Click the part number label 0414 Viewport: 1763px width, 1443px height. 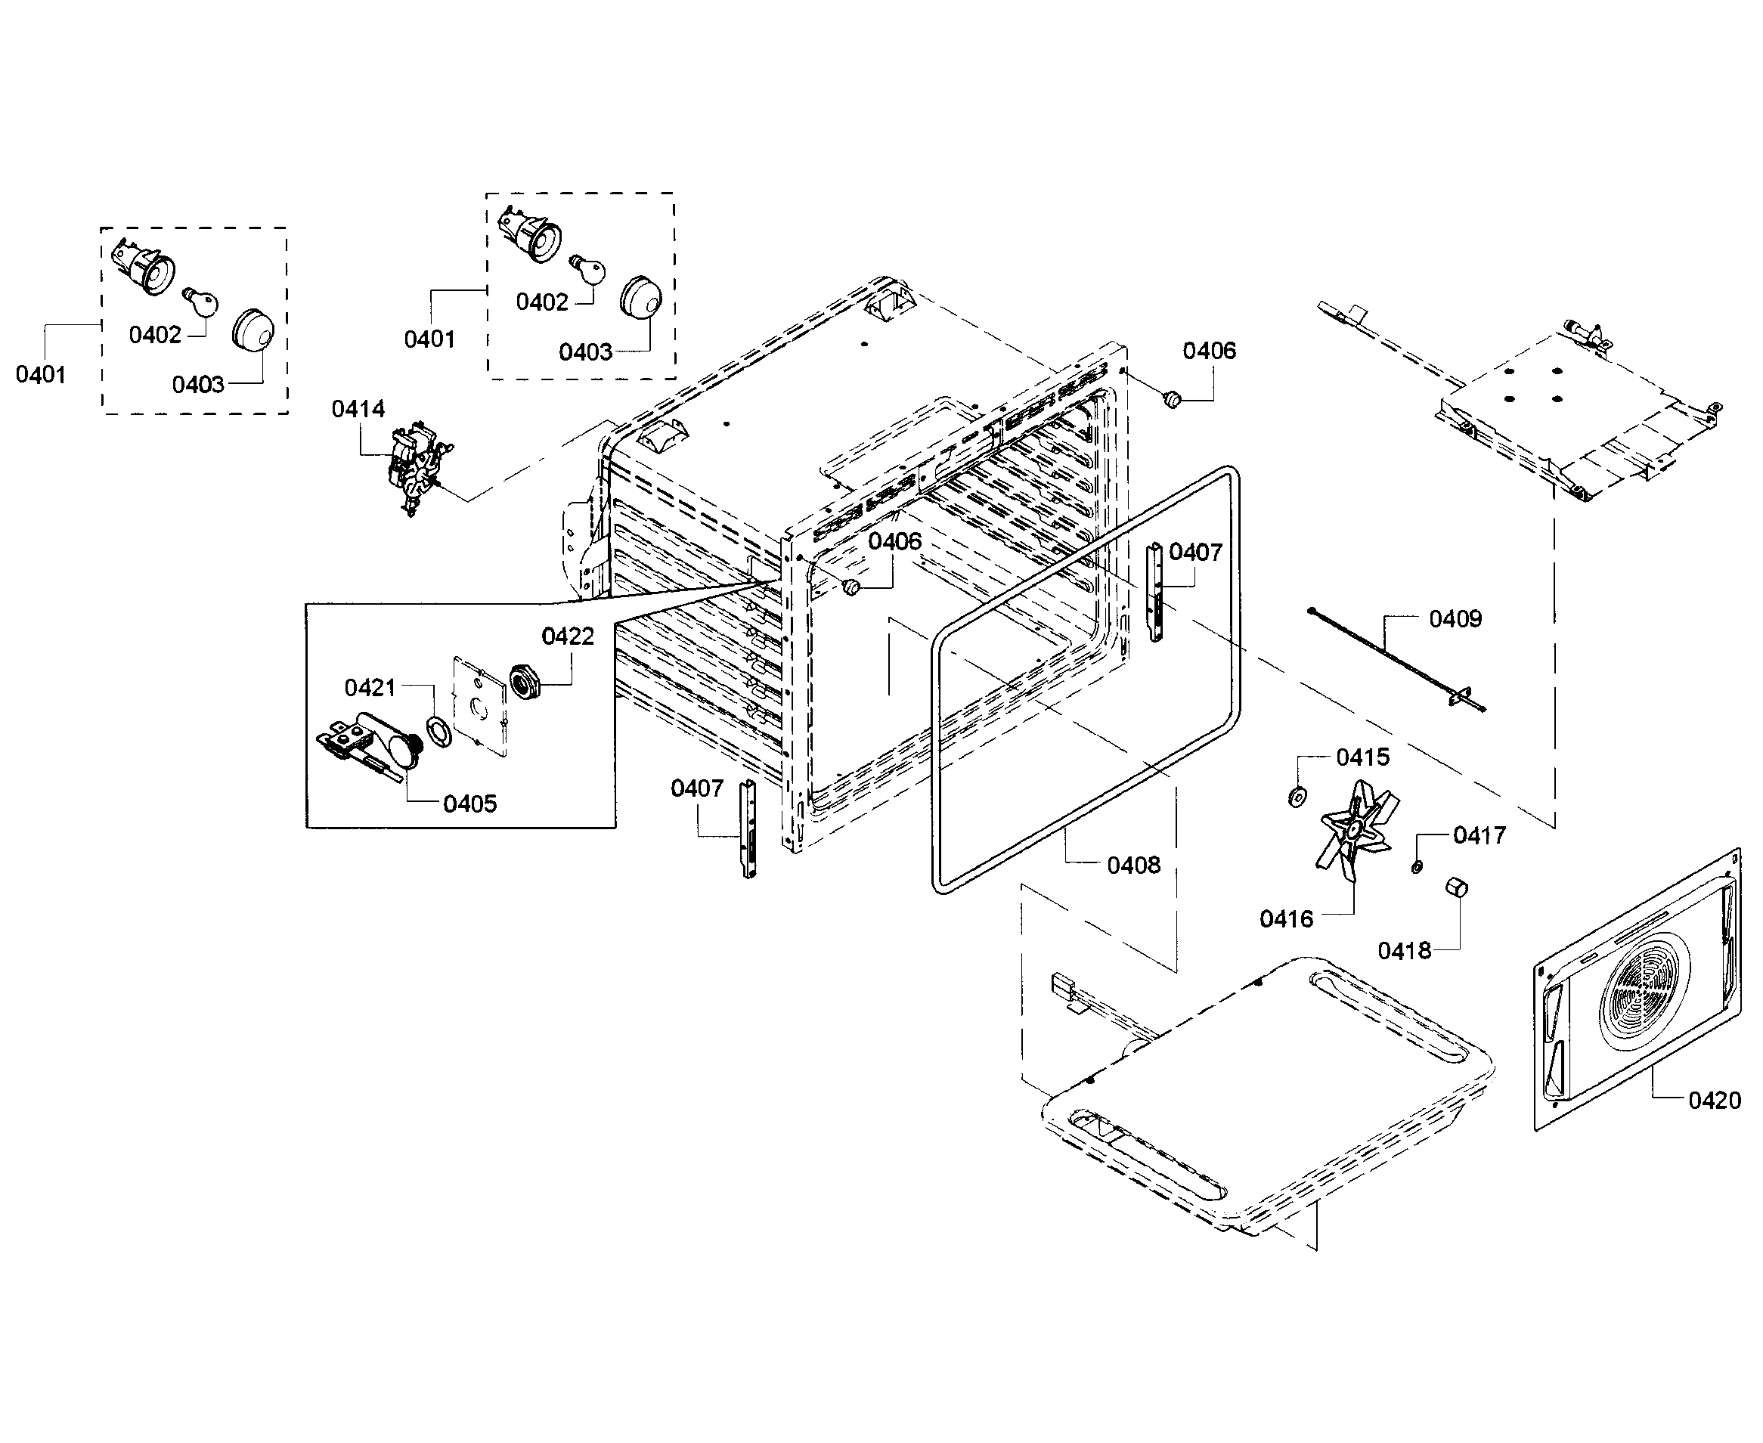click(x=358, y=409)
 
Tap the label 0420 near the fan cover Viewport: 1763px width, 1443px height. click(x=1714, y=1101)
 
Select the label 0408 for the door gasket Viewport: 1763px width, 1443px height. click(x=1133, y=865)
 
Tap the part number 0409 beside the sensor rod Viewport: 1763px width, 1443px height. click(x=1455, y=618)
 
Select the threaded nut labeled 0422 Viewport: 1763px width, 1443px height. click(x=525, y=682)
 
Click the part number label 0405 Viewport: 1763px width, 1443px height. click(x=469, y=804)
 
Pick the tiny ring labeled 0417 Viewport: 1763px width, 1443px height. click(x=1418, y=867)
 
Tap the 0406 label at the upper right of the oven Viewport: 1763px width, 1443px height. click(x=1209, y=351)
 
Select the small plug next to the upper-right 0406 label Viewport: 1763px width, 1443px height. click(x=1173, y=400)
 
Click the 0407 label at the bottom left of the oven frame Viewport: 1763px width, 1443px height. click(x=696, y=788)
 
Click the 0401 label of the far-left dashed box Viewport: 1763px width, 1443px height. click(x=40, y=375)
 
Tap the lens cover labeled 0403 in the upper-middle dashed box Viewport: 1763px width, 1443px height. click(x=641, y=297)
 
